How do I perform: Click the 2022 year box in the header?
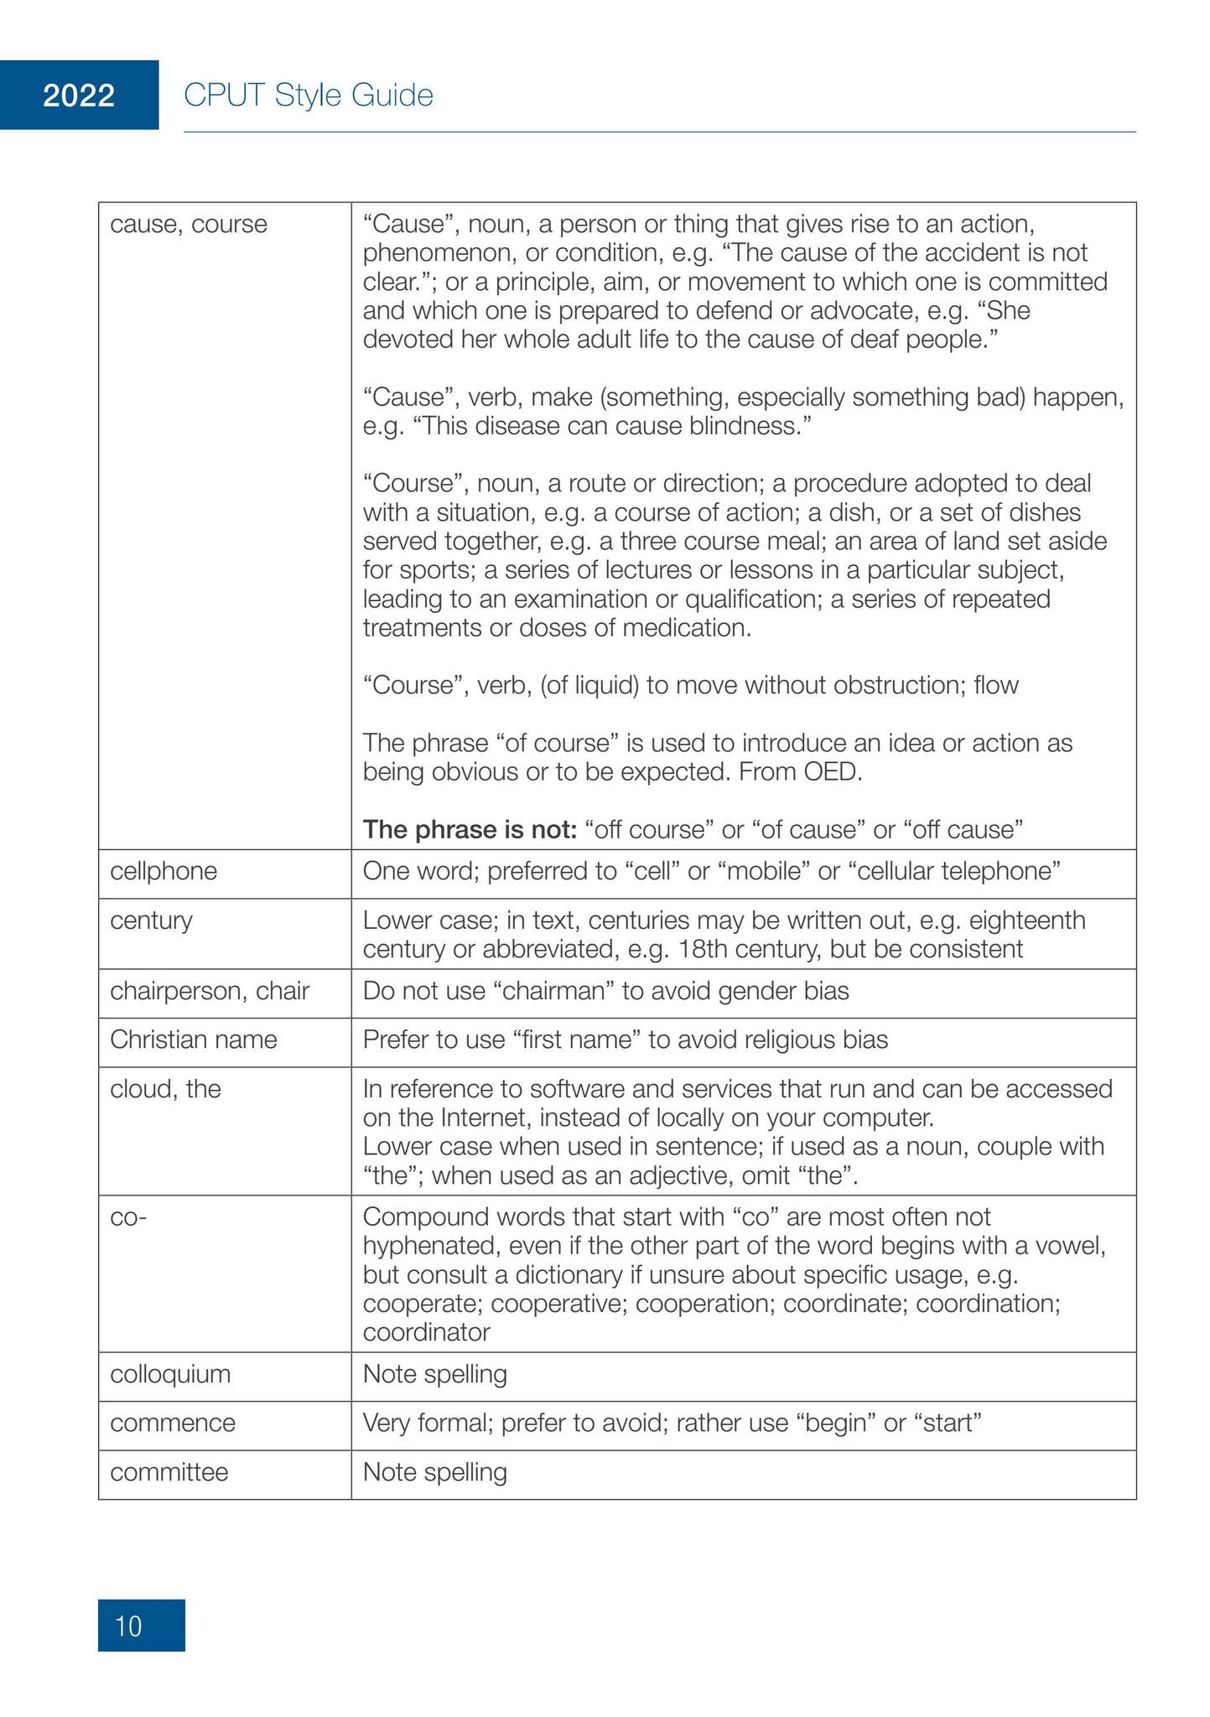[79, 96]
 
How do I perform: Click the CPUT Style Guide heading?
[308, 96]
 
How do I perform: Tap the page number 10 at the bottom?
[129, 1626]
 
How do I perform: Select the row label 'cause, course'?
[189, 224]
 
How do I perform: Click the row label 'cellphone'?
[164, 871]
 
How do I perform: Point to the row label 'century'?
[151, 920]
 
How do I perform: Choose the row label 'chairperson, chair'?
[210, 990]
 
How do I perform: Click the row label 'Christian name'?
[194, 1040]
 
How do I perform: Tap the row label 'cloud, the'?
[165, 1088]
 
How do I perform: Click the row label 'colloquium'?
[170, 1374]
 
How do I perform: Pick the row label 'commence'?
[173, 1423]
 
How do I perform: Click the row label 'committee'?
[169, 1471]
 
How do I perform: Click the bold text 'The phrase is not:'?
[470, 829]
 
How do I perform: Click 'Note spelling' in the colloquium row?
[435, 1374]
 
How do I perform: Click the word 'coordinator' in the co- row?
[426, 1331]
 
